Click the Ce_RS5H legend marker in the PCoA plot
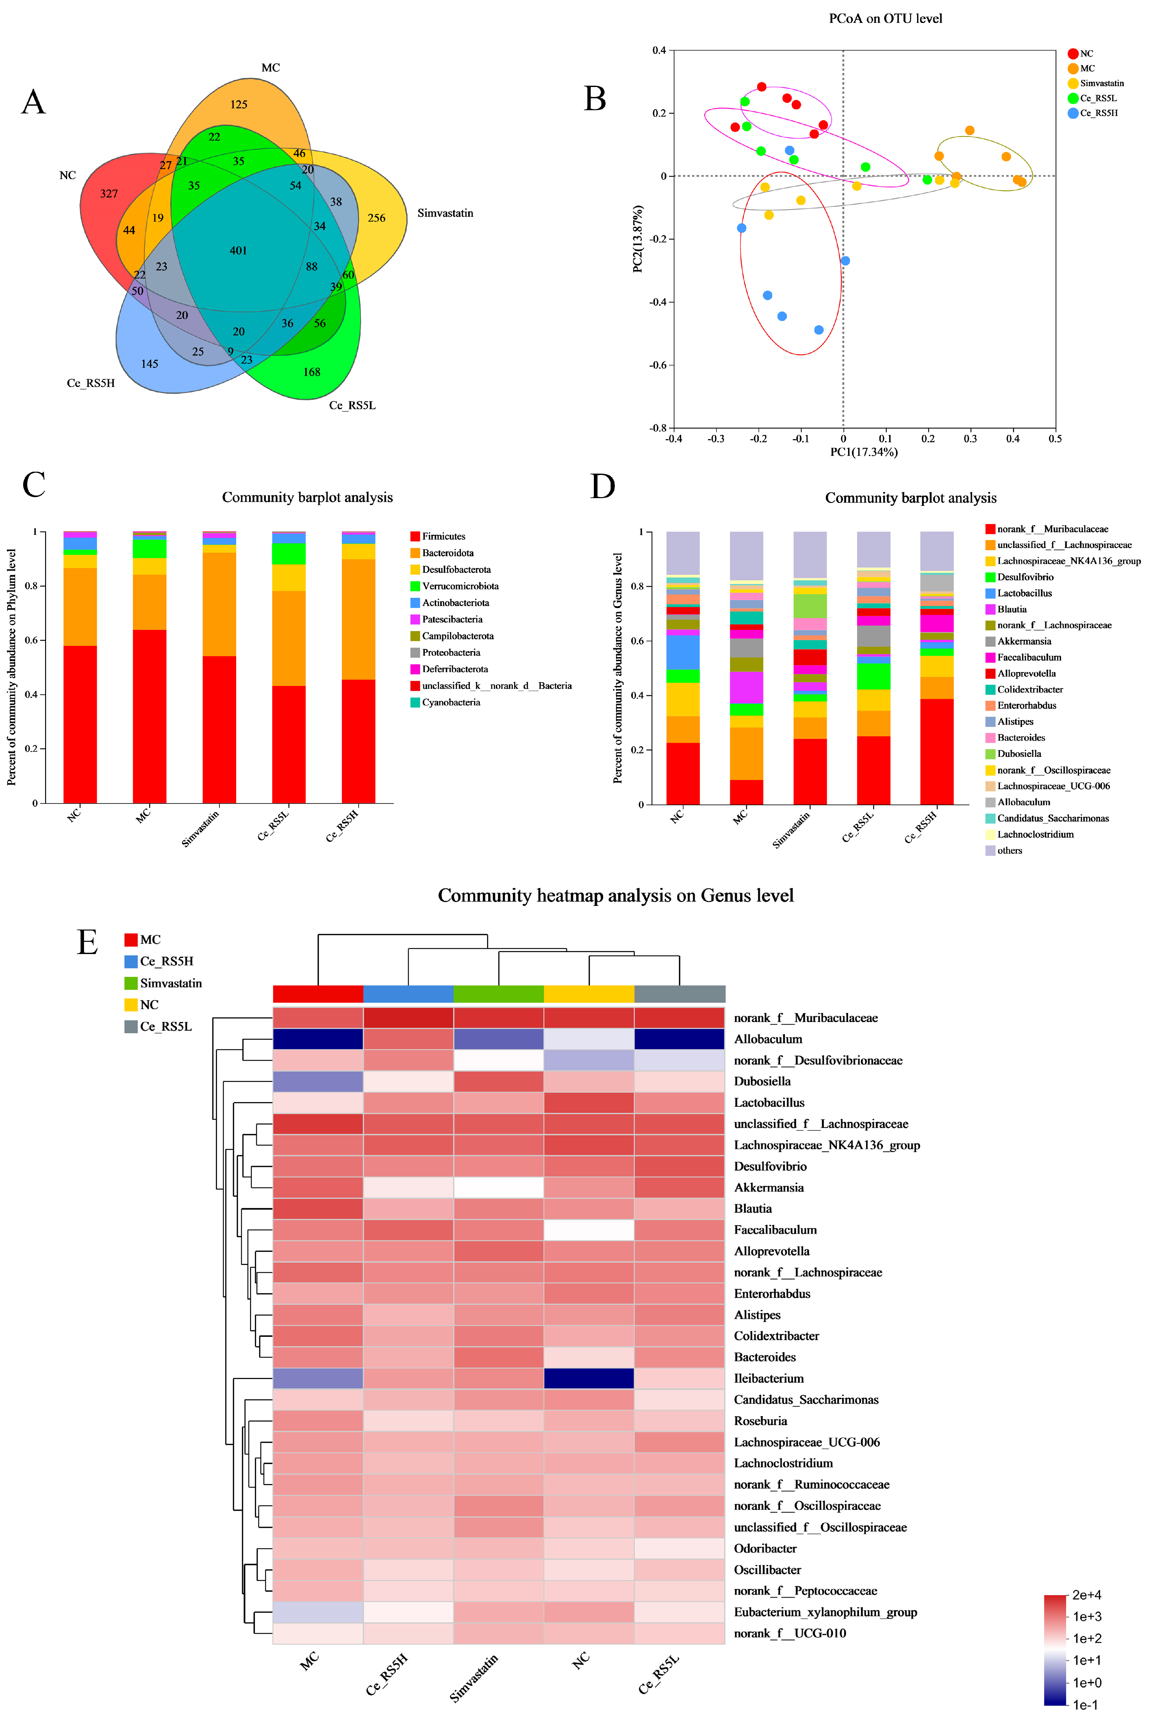(1073, 113)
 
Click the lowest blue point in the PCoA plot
(818, 330)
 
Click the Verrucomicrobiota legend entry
(460, 586)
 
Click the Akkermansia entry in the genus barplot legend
(1024, 641)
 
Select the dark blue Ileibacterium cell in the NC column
(589, 1378)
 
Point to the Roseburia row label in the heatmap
(760, 1421)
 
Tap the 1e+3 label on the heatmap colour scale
(1087, 1616)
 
